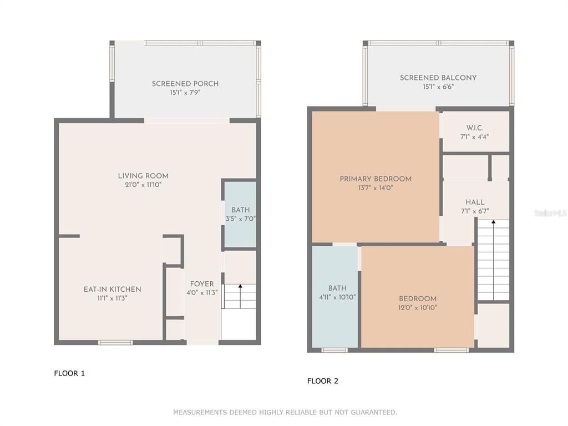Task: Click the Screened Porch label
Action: click(x=185, y=84)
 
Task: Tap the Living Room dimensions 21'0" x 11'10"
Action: click(x=143, y=185)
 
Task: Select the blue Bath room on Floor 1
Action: click(x=240, y=215)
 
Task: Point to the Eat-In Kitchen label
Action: click(x=112, y=289)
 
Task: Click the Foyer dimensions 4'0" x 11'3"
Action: click(x=202, y=293)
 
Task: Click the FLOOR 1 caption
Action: click(x=69, y=373)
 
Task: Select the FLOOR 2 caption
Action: click(x=323, y=381)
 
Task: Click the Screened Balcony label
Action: click(x=438, y=78)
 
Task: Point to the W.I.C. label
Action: click(x=475, y=128)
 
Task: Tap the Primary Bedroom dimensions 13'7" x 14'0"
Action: click(x=376, y=187)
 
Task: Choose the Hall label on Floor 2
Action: click(x=475, y=202)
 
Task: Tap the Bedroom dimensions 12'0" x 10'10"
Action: click(x=418, y=307)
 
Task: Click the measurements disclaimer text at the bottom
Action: click(x=285, y=412)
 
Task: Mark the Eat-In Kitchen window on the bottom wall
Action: click(x=115, y=342)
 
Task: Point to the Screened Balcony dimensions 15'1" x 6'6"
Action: click(x=438, y=87)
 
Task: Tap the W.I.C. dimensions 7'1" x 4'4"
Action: click(x=475, y=137)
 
